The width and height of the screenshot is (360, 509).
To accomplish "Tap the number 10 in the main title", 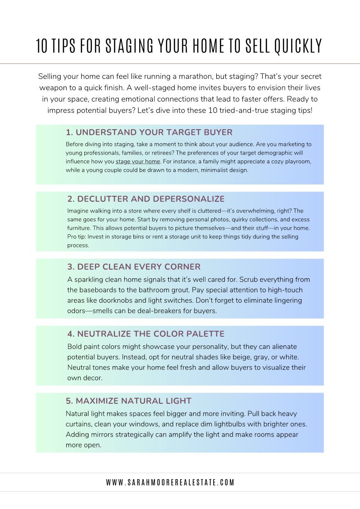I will click(42, 46).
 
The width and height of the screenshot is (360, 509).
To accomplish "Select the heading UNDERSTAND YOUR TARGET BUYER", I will click(149, 132).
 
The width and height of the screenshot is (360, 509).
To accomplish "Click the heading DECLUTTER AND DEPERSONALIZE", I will click(146, 199).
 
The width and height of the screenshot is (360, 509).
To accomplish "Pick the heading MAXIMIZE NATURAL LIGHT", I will click(129, 401).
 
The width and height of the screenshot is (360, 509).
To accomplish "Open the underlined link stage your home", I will click(138, 161).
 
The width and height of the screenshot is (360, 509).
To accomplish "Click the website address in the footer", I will click(170, 482).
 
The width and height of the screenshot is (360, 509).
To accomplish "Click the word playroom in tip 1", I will click(297, 161).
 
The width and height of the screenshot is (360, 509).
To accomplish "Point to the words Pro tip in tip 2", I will click(76, 237).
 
